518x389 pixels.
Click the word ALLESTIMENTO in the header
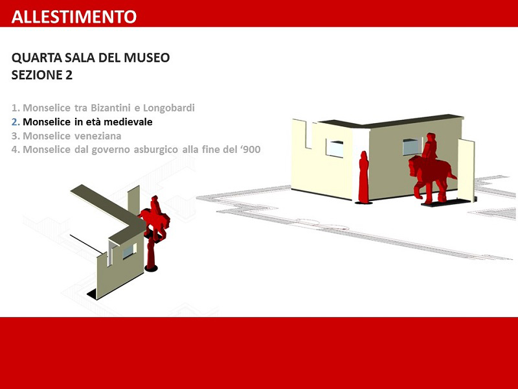pyautogui.click(x=74, y=17)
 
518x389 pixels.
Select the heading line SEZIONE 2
pyautogui.click(x=42, y=75)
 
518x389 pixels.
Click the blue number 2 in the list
pyautogui.click(x=15, y=122)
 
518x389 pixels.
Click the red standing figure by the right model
pyautogui.click(x=364, y=177)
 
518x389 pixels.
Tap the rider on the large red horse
pyautogui.click(x=430, y=147)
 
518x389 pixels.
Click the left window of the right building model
pyautogui.click(x=335, y=148)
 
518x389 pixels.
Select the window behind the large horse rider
pyautogui.click(x=411, y=147)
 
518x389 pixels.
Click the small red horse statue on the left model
pyautogui.click(x=155, y=218)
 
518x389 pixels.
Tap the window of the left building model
pyautogui.click(x=129, y=251)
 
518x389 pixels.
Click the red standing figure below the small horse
pyautogui.click(x=151, y=253)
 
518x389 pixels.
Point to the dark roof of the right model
pyautogui.click(x=390, y=121)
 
